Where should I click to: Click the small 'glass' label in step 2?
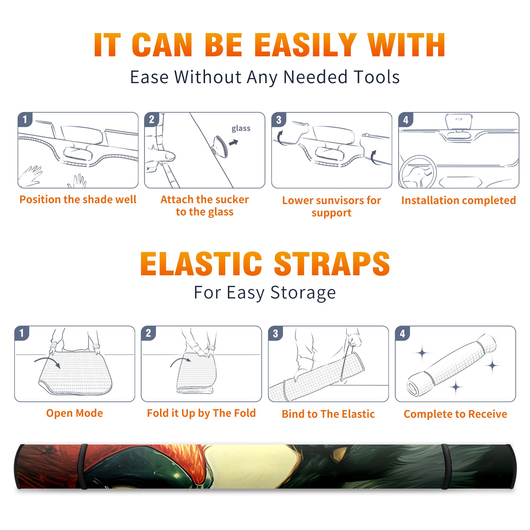241,129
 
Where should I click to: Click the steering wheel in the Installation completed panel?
418,172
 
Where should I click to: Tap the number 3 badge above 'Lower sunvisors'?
279,120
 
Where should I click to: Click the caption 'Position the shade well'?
78,199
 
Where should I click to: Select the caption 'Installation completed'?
458,200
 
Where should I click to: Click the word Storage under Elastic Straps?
303,293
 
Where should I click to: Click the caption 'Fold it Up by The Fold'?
201,413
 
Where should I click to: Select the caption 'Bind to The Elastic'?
328,414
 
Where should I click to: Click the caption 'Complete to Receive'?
455,414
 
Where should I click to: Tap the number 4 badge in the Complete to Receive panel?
402,333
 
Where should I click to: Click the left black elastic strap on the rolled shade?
83,467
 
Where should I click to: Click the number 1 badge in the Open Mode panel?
22,333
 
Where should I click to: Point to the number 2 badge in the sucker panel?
151,119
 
